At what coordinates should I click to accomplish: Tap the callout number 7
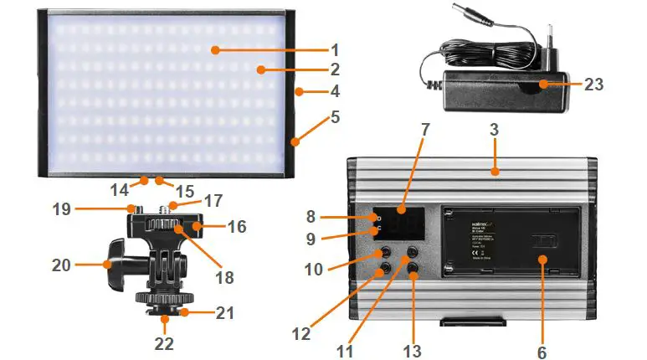424,130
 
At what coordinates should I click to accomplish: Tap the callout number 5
336,117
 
